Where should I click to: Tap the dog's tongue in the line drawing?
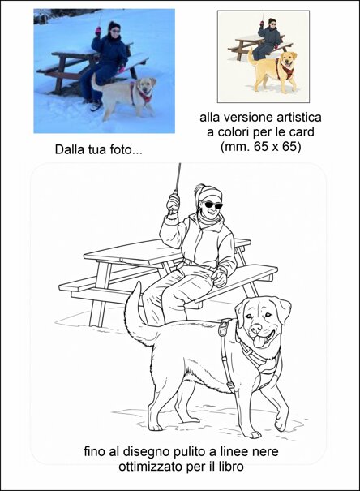coord(259,342)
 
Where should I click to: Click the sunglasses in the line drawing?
coord(208,205)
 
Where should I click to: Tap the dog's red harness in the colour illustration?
coord(285,68)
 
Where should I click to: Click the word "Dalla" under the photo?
coord(71,149)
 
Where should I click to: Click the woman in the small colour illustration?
coord(269,37)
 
